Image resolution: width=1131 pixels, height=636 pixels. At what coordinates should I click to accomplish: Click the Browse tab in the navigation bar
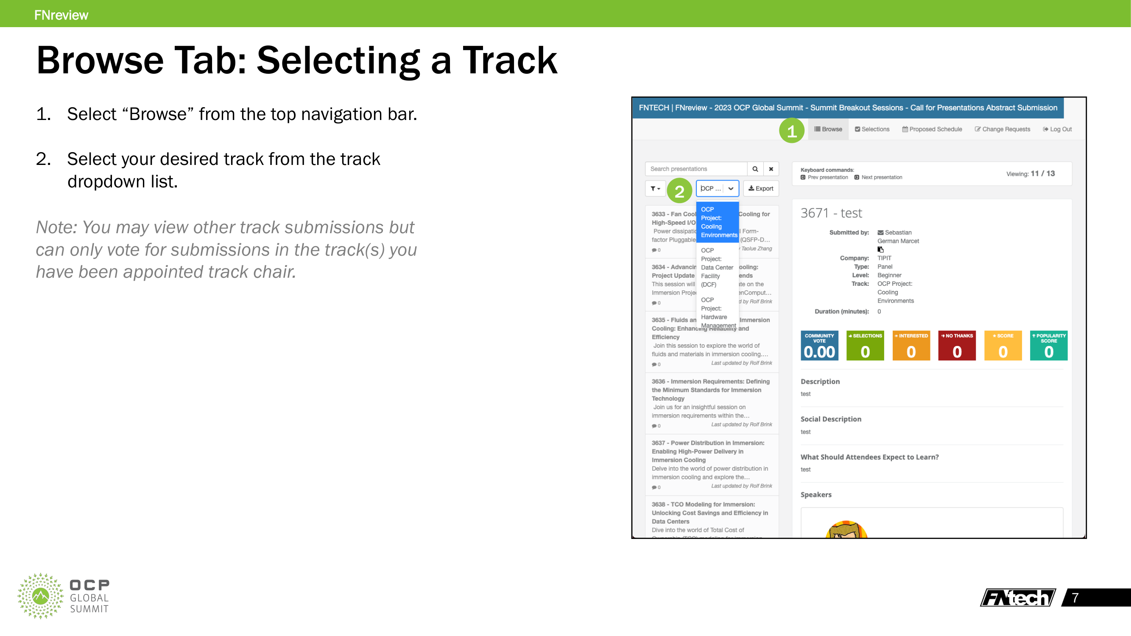(828, 129)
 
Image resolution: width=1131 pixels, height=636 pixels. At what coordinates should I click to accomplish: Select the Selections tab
(872, 129)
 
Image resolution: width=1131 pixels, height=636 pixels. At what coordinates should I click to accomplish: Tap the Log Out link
(1057, 129)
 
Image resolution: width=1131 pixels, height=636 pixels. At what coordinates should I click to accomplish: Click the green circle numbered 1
(792, 131)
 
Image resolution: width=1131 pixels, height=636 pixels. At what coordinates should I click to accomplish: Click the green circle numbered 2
(679, 191)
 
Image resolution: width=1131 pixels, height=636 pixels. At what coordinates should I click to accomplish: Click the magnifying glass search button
(755, 169)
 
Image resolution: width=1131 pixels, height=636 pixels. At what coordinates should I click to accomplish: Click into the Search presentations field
(696, 169)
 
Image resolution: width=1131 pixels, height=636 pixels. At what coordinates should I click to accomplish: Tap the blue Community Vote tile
(819, 346)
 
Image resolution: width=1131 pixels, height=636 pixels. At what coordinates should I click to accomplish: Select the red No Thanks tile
(957, 346)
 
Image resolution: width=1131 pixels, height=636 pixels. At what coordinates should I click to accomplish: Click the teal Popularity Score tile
(1048, 346)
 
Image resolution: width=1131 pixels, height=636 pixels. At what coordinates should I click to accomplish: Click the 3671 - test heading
(831, 213)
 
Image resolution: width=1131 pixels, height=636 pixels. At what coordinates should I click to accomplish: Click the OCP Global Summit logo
(64, 596)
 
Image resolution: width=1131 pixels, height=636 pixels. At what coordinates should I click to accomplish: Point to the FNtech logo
(1017, 597)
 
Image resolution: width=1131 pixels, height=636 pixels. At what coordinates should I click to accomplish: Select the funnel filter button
(655, 188)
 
